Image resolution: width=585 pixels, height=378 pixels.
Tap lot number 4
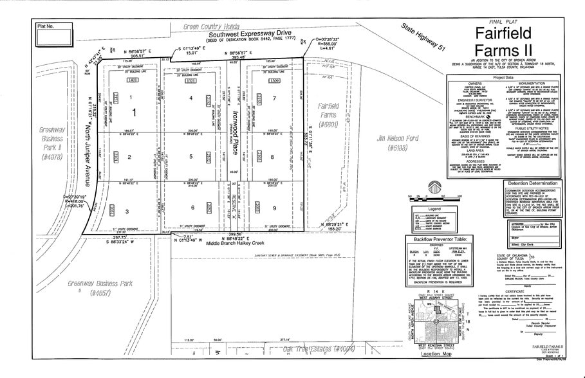191,98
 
